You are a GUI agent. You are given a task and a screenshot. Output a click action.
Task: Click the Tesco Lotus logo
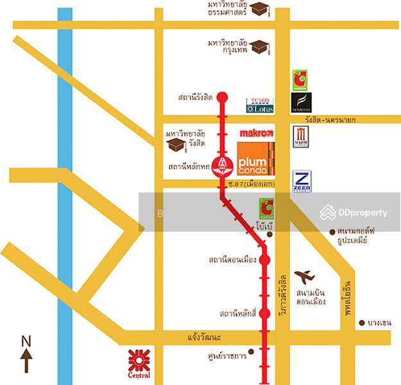(x=260, y=106)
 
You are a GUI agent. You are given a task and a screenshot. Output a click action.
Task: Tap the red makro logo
(x=257, y=133)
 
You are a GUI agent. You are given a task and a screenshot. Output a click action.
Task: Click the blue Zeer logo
(x=302, y=181)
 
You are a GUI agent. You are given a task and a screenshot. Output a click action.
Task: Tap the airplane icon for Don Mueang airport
(x=305, y=277)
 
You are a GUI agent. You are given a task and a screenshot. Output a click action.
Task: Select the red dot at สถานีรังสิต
(x=222, y=98)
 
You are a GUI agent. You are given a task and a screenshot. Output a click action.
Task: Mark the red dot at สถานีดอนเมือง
(x=264, y=261)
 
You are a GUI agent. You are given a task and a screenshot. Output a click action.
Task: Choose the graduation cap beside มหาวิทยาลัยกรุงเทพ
(x=259, y=47)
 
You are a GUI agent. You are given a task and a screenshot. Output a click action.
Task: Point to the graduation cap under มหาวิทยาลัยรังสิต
(x=175, y=146)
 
